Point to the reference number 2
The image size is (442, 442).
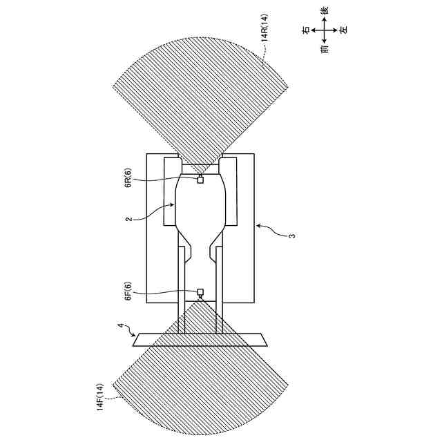point(128,220)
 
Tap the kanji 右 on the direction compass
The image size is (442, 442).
point(306,30)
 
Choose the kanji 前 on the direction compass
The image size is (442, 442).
point(325,50)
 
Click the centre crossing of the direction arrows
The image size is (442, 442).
point(325,30)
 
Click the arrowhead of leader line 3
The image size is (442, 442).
point(256,224)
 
